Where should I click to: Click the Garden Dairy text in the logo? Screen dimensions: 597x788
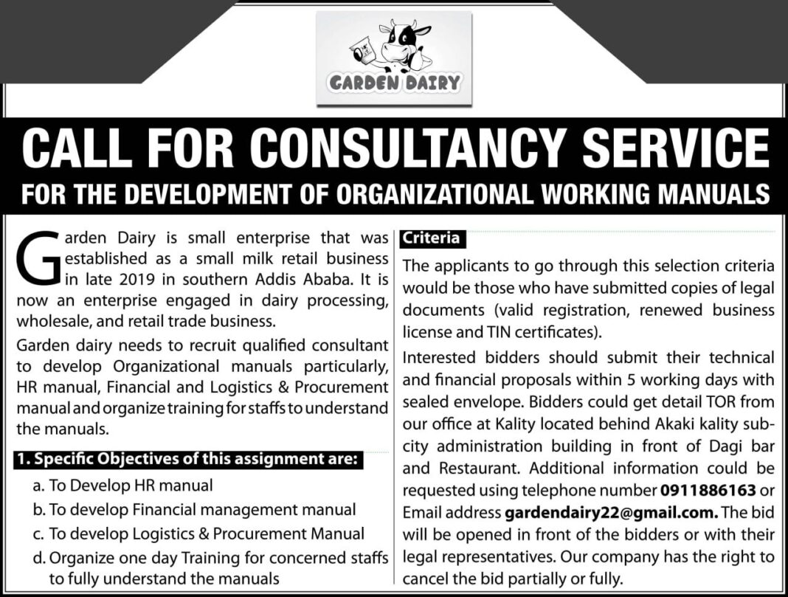click(395, 82)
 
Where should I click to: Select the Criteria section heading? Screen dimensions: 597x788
click(431, 238)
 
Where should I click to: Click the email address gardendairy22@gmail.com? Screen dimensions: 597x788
click(611, 511)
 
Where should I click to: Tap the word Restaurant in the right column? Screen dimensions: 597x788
click(483, 469)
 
